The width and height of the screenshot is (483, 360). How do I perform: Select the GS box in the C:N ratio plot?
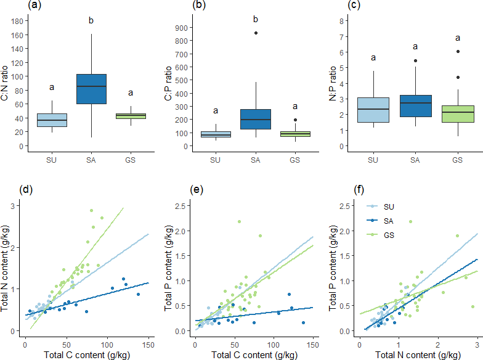coord(131,116)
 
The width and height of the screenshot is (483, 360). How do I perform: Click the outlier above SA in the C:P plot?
coord(255,33)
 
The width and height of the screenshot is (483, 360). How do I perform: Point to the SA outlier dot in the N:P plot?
coord(415,60)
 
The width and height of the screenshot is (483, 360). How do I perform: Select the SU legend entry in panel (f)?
coord(387,207)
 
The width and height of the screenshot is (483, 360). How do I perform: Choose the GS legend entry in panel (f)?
coord(387,235)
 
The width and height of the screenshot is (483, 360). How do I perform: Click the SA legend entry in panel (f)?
coord(387,221)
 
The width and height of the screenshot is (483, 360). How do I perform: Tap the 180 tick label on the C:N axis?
coord(17,21)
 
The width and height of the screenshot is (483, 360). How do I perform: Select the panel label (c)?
coord(355,6)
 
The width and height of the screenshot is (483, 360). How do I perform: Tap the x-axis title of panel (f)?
coord(417,354)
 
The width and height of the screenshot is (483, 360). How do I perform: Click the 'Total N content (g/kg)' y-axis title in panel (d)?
coord(6,268)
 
